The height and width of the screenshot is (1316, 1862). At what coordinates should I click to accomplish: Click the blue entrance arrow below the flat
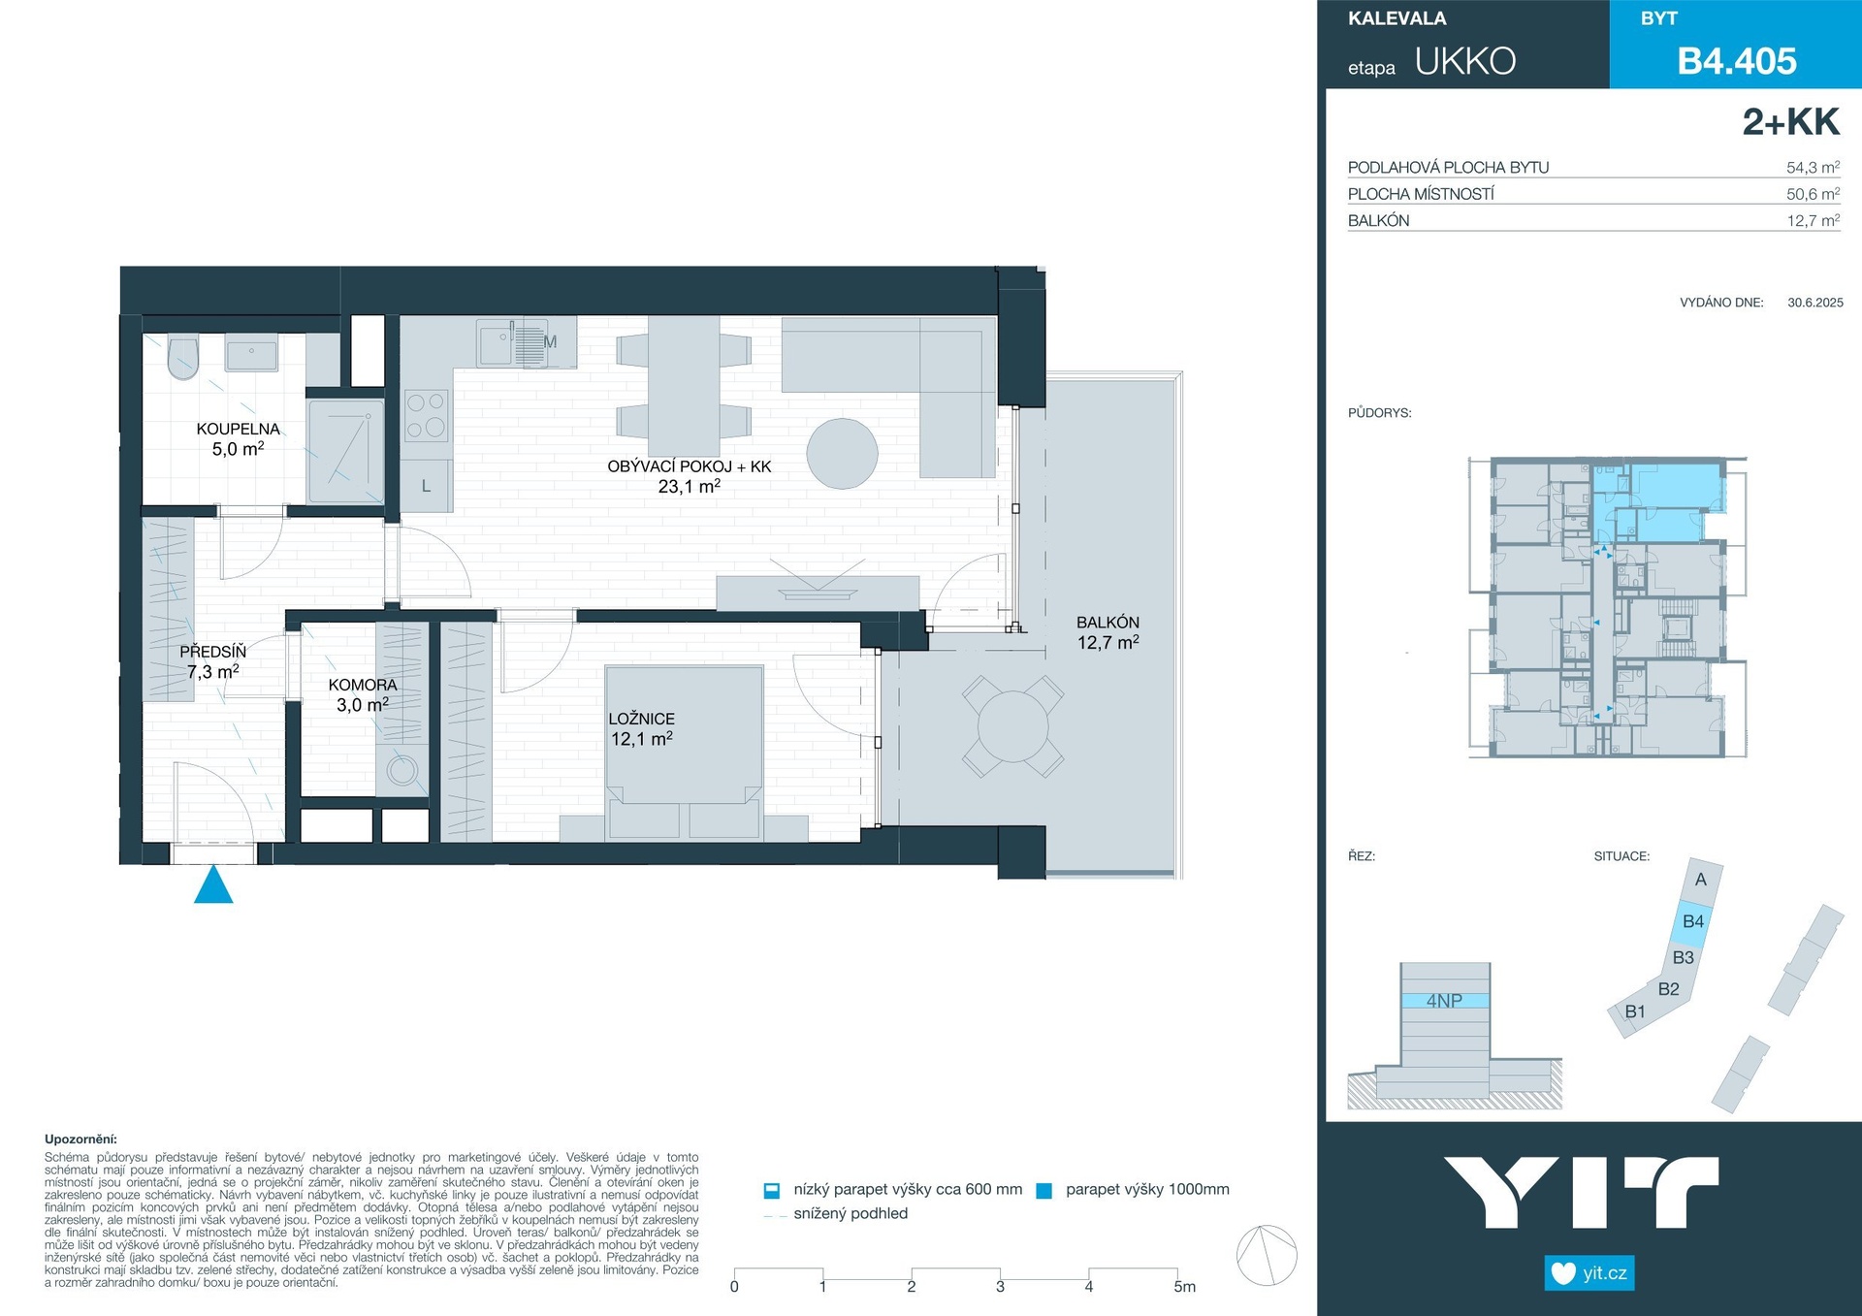213,884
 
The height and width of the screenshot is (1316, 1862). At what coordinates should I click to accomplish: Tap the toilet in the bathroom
183,357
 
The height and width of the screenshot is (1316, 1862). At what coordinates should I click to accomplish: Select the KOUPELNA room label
238,429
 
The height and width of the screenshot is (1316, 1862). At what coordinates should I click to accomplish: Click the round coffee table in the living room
842,453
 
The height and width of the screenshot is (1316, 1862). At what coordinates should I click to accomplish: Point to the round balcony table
1012,726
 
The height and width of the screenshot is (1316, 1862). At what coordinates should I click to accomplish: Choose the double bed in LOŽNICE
684,751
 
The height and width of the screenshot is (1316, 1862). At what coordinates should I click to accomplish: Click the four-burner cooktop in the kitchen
426,414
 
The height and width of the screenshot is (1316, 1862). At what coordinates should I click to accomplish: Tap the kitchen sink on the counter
494,342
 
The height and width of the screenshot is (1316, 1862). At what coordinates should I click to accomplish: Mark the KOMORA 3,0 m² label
363,694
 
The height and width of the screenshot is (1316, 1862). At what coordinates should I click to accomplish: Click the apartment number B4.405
1737,61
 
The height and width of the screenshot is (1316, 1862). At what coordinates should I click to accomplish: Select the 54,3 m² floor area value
1813,167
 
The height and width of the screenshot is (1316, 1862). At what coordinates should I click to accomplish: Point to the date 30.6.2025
1814,303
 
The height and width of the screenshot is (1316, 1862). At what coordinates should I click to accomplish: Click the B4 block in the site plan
1693,921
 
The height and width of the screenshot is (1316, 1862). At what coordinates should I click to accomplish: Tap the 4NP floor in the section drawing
1444,1001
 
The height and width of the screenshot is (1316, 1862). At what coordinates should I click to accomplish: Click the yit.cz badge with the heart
1589,1272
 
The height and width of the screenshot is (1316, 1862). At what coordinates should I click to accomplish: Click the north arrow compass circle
1267,1255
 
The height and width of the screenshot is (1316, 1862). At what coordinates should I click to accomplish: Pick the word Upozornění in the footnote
80,1139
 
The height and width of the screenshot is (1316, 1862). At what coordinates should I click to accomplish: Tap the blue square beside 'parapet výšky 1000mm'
1043,1191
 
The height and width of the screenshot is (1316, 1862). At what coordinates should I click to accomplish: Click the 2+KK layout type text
1790,122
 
